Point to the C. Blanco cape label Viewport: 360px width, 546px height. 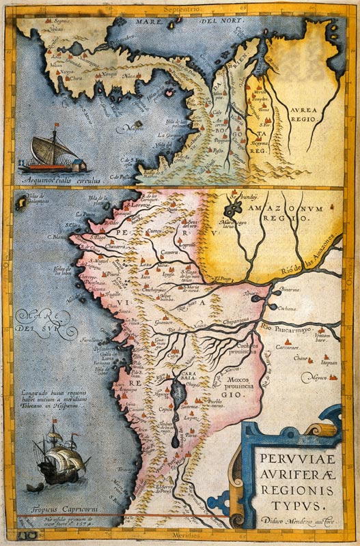(x=57, y=237)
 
